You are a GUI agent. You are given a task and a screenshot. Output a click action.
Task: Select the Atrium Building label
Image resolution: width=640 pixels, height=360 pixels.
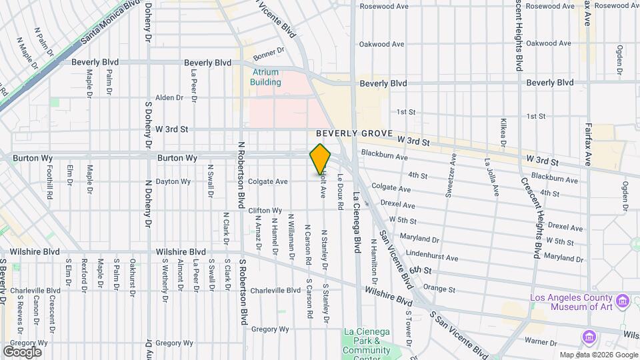tap(265, 77)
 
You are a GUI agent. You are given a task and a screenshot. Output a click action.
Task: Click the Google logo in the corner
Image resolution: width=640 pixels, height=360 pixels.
tap(22, 351)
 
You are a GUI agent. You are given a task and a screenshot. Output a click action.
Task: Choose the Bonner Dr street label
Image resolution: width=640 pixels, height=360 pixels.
tap(269, 52)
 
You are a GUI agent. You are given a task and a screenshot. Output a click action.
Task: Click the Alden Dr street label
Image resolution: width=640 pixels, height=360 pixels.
tap(169, 97)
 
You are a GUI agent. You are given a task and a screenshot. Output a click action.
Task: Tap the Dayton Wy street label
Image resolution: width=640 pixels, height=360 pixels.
tap(173, 181)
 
